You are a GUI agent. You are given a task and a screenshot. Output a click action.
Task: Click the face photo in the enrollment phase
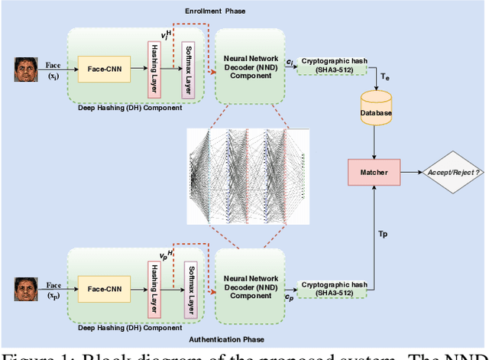click(x=26, y=71)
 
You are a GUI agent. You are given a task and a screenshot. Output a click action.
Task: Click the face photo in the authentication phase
click(x=26, y=289)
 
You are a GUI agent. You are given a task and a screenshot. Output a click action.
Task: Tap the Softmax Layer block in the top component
click(x=186, y=75)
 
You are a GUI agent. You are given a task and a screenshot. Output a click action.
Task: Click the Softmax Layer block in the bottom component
click(x=189, y=290)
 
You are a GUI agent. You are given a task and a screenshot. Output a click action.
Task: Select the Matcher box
click(x=374, y=172)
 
